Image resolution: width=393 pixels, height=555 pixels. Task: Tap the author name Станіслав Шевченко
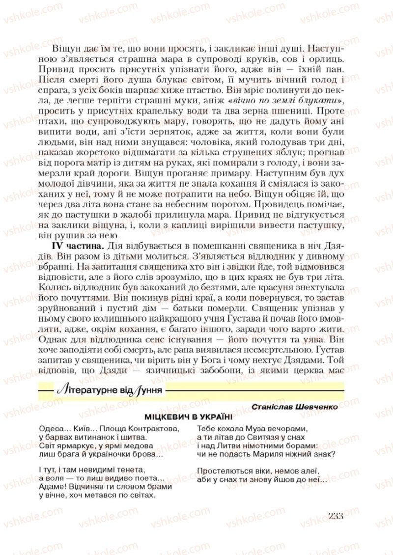pos(296,407)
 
